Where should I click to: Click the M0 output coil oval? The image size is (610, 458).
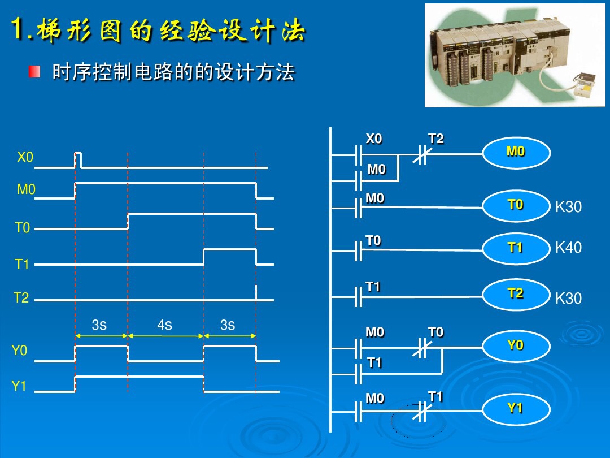515,152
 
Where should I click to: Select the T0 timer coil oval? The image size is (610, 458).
515,205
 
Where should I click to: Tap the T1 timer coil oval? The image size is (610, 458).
515,248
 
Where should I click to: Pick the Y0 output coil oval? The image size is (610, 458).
515,345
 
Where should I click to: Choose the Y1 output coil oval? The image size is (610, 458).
515,408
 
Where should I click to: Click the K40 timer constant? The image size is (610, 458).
568,248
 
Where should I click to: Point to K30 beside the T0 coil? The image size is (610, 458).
568,207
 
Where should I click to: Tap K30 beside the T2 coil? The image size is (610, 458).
568,299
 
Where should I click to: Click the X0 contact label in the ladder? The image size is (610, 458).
374,139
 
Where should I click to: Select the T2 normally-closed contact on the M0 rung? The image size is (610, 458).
420,154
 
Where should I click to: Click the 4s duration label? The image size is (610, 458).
164,325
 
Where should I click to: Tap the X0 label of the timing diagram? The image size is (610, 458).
25,158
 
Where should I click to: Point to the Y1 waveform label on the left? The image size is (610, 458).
19,386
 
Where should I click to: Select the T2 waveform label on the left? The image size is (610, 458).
21,298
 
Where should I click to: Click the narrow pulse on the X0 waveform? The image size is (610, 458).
78,160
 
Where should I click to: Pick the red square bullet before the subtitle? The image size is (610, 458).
35,72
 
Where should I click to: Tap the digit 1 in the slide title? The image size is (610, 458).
20,29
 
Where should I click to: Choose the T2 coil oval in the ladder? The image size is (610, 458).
515,293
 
